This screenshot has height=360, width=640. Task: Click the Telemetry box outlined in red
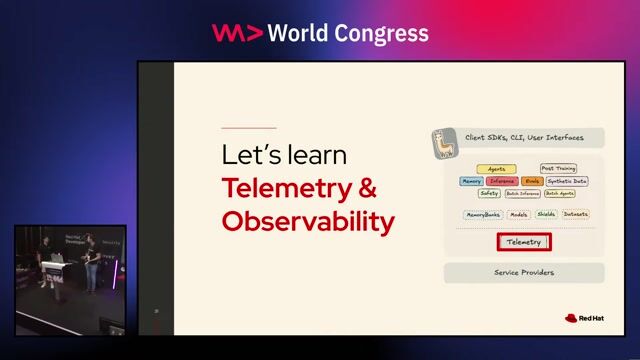523,242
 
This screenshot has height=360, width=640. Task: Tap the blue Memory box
471,181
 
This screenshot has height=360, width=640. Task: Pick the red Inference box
502,181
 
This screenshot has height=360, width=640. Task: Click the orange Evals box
532,181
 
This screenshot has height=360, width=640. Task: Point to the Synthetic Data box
567,181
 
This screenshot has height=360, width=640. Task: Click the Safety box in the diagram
489,193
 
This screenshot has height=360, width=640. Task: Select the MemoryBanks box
483,214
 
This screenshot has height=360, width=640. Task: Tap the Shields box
546,214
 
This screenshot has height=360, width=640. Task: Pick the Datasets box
575,214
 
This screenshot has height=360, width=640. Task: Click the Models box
519,214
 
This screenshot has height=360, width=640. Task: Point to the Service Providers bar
523,272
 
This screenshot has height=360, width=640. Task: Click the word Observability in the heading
308,221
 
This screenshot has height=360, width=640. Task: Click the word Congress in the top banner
383,33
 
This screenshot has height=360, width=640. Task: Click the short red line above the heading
248,128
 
